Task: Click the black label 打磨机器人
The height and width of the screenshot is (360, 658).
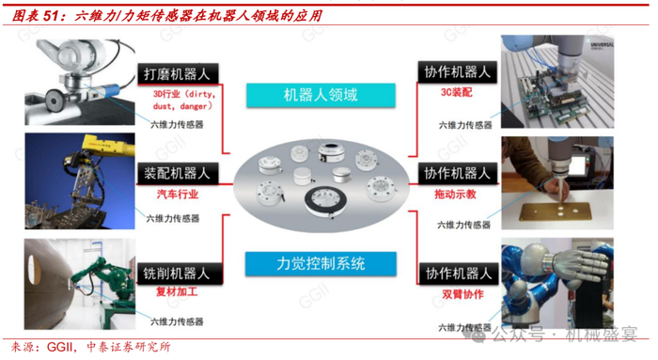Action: point(178,74)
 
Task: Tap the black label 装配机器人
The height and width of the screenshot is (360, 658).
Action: point(178,173)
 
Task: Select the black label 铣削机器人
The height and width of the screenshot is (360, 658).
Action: point(180,274)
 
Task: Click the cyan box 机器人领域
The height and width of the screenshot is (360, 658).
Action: point(321,95)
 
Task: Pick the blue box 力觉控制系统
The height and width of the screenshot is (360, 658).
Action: point(321,263)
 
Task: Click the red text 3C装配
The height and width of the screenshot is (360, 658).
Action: point(456,92)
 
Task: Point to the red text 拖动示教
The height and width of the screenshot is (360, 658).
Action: point(455,194)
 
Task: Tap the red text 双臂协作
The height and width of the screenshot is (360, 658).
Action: point(462,294)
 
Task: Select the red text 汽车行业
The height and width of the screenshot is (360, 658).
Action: point(178,194)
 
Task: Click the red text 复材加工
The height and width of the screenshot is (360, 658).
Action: point(177,291)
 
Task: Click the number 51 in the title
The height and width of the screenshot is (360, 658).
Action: point(51,16)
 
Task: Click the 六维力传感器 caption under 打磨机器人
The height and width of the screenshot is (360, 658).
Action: point(177,125)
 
